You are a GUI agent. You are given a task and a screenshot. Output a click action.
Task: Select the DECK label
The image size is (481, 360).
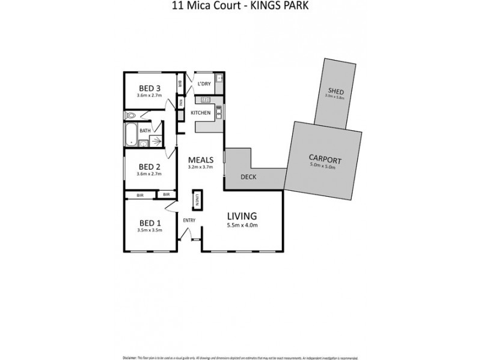point(248,177)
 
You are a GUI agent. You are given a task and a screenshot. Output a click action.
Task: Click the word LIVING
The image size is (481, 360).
point(242,215)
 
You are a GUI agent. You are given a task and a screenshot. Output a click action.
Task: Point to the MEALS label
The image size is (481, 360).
point(201,160)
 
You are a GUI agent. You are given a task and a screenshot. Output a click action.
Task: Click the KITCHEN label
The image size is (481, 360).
point(200,113)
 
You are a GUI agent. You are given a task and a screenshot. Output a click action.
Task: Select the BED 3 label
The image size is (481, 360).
point(149,88)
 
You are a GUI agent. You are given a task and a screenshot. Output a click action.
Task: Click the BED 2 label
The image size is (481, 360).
point(149,167)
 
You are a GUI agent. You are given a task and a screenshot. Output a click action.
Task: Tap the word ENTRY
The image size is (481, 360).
point(189,220)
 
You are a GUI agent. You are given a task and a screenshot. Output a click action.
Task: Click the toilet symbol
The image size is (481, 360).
point(132,115)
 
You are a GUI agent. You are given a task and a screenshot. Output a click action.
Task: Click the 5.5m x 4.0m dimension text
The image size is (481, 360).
point(242,226)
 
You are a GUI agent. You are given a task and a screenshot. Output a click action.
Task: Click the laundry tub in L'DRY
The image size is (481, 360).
point(219,79)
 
